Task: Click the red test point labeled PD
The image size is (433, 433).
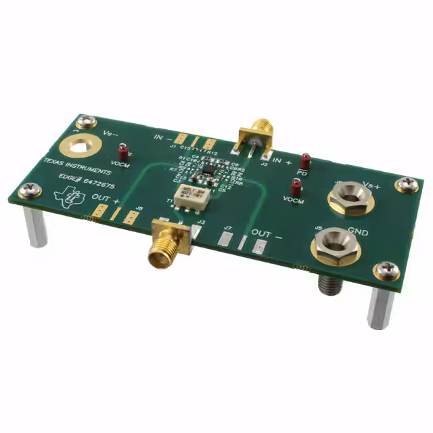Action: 305,161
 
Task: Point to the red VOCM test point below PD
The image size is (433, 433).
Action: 295,187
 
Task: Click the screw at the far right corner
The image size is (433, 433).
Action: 407,184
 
